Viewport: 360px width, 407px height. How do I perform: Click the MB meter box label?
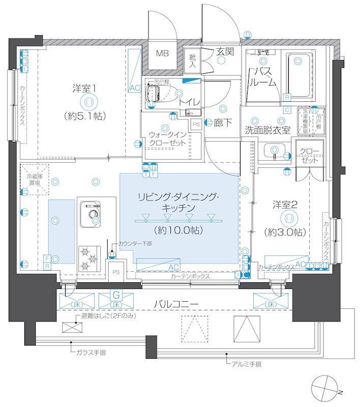coord(163,53)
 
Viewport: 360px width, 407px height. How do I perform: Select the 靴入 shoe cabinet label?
coord(193,62)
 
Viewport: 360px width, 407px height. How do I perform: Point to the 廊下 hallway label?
coord(222,122)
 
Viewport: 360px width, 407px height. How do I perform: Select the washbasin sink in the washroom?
coord(274,150)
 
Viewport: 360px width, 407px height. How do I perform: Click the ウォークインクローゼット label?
coord(168,138)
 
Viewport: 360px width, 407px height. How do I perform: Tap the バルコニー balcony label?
coord(176,304)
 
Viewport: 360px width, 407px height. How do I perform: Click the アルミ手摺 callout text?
coord(247,364)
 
